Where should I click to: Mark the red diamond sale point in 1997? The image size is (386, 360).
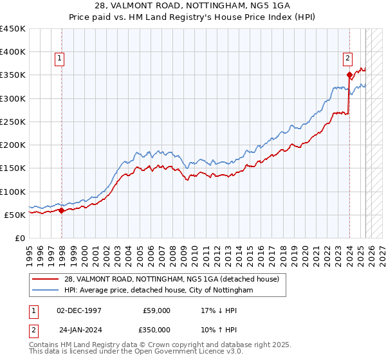click(61, 210)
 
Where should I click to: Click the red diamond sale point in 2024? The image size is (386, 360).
click(349, 75)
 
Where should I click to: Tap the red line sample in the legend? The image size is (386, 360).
click(46, 279)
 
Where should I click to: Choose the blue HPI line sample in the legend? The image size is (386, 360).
click(46, 290)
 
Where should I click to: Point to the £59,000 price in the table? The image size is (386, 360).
click(157, 310)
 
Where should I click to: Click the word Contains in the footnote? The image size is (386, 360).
click(47, 346)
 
